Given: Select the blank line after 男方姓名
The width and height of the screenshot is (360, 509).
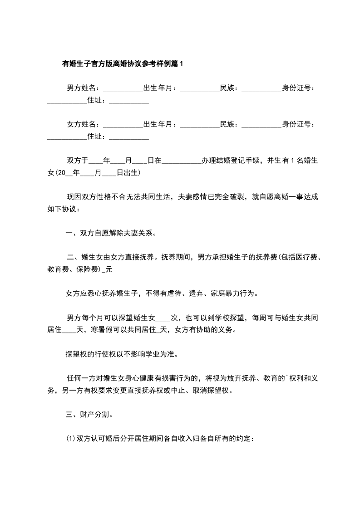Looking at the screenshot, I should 123,89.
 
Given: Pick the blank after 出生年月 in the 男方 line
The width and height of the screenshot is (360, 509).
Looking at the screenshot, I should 200,89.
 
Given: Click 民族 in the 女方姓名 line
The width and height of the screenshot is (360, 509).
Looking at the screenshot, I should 227,124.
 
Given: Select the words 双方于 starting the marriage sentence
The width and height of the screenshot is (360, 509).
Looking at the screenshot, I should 77,160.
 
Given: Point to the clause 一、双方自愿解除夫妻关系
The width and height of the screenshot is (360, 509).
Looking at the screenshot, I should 111,234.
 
